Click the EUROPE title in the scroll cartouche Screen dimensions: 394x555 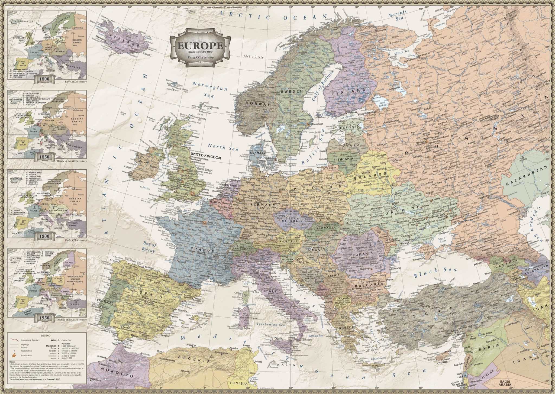[x=200, y=46]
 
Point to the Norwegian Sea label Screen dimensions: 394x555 [x=210, y=89]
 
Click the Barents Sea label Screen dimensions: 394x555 [x=398, y=16]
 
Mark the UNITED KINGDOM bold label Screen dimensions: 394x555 [x=206, y=157]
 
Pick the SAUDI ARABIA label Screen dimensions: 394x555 [x=505, y=383]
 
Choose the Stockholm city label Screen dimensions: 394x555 [x=318, y=124]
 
